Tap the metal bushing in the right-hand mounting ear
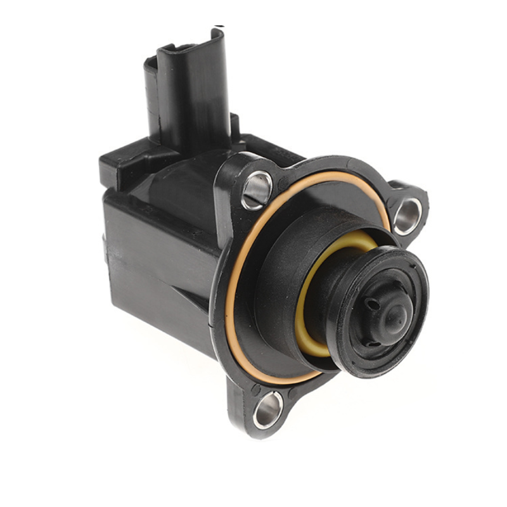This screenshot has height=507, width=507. click(x=407, y=215)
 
